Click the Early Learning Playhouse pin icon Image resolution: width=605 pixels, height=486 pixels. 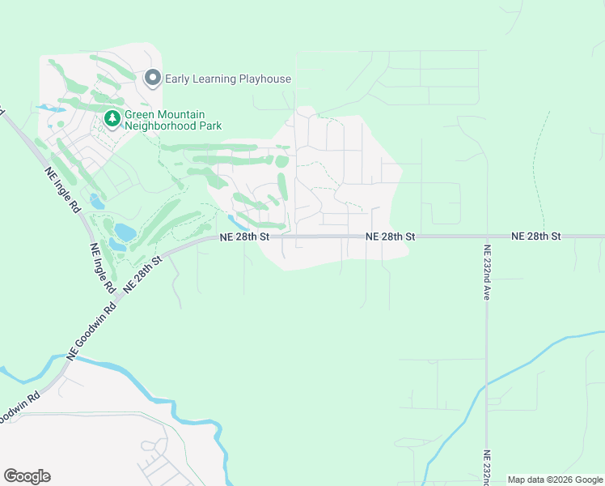152,79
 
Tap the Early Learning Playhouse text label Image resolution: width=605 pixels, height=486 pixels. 228,79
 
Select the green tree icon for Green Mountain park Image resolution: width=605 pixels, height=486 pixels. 112,120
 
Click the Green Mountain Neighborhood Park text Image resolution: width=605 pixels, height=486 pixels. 172,121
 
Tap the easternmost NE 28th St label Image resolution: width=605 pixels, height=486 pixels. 535,236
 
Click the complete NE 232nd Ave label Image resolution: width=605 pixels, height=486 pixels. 487,273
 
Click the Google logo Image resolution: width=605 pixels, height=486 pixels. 27,476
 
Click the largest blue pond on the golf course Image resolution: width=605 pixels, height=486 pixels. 125,232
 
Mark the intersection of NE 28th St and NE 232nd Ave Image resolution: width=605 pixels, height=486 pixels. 487,237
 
